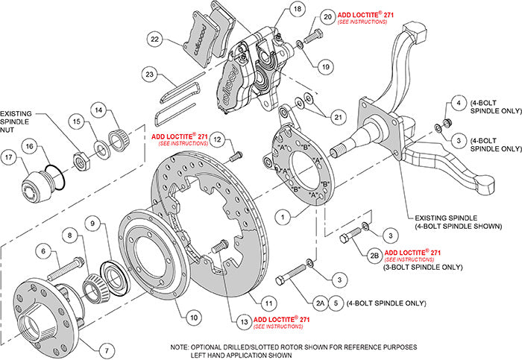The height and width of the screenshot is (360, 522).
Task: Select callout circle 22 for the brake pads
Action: pyautogui.click(x=155, y=40)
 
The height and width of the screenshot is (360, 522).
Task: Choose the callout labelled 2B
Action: pyautogui.click(x=372, y=256)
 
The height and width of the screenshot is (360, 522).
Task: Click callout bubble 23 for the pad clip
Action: pyautogui.click(x=149, y=74)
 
